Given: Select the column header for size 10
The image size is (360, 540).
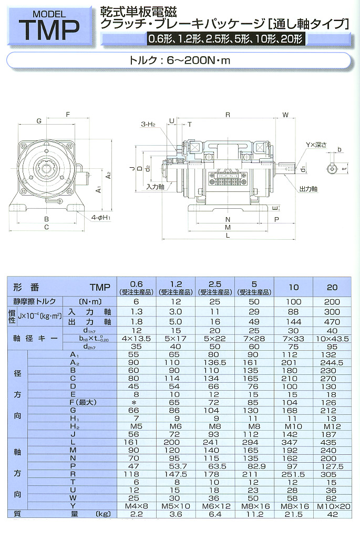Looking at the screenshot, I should [x=294, y=287].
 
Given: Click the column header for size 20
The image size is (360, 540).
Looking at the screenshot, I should [x=332, y=287].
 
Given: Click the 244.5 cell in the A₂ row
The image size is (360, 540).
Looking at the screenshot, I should [x=332, y=362].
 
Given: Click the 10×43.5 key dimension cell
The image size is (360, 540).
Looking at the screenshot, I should [x=332, y=339].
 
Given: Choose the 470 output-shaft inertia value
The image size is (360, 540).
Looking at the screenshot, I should [x=332, y=322].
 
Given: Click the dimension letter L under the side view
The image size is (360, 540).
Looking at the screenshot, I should [x=227, y=237].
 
